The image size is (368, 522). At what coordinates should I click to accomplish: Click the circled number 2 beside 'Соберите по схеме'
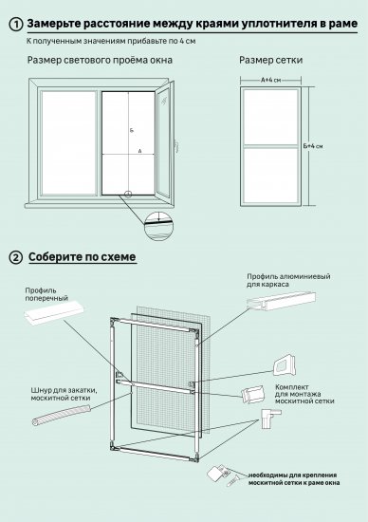(x=15, y=257)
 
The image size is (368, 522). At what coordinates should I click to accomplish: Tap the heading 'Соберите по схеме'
(x=83, y=257)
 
